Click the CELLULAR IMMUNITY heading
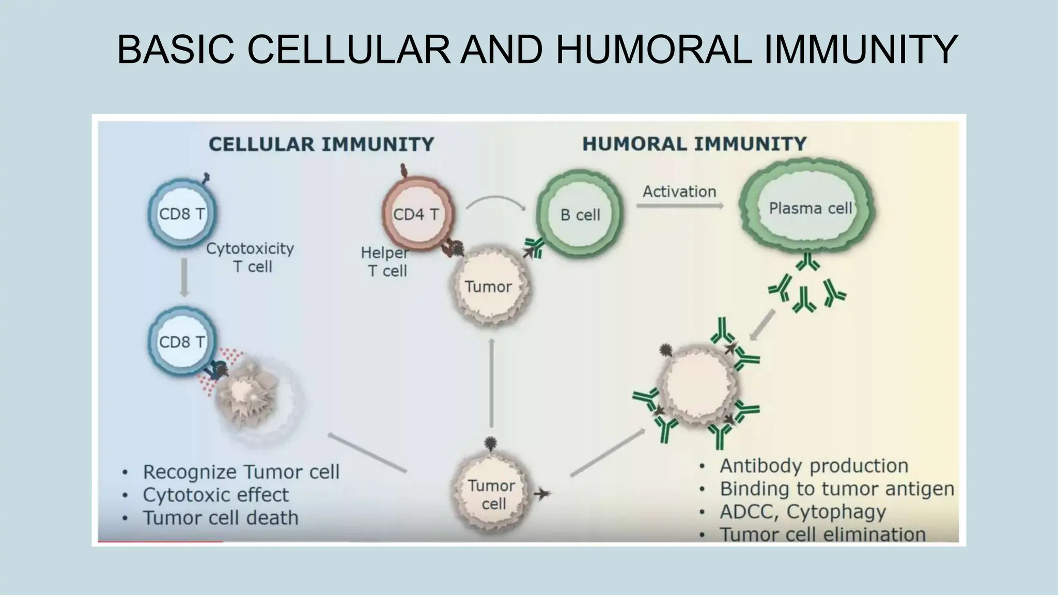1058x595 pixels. click(x=321, y=144)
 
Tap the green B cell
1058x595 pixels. click(x=580, y=214)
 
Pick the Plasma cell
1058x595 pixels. click(x=808, y=208)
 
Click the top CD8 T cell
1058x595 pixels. click(x=181, y=213)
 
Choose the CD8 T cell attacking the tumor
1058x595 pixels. click(x=181, y=341)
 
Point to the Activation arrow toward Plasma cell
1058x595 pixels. click(x=679, y=206)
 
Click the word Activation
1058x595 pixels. click(x=679, y=192)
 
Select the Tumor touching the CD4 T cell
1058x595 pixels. click(x=488, y=287)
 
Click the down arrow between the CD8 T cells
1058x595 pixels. click(x=184, y=278)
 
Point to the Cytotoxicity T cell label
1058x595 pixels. click(x=251, y=257)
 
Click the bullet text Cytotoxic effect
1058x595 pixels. click(x=215, y=495)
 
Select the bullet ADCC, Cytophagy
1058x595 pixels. click(x=802, y=512)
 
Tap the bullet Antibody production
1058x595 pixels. click(x=814, y=466)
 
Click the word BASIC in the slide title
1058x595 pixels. click(x=176, y=50)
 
